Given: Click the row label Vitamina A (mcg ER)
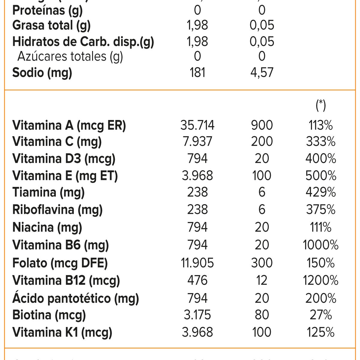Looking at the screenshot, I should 69,125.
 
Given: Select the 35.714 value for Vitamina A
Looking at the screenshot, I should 197,125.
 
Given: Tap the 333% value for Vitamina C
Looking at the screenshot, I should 321,142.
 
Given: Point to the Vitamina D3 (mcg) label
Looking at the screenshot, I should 64,159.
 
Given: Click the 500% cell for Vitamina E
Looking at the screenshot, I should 321,176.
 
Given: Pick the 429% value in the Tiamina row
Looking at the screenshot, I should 321,192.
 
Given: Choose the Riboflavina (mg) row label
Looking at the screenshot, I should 57,210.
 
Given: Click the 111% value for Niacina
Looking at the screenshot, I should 321,227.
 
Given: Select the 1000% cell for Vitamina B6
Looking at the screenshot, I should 321,245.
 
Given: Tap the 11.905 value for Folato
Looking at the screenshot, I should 197,263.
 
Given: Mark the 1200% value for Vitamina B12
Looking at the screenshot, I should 321,280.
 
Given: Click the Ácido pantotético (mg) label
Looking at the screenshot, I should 76,298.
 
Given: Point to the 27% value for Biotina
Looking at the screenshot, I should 321,315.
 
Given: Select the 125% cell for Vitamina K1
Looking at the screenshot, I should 321,332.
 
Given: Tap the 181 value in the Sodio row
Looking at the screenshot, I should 197,73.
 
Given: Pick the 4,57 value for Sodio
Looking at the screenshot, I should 262,73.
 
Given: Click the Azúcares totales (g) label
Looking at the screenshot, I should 70,56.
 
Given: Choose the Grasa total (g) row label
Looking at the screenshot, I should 51,25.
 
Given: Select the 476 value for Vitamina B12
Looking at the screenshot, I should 197,280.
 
